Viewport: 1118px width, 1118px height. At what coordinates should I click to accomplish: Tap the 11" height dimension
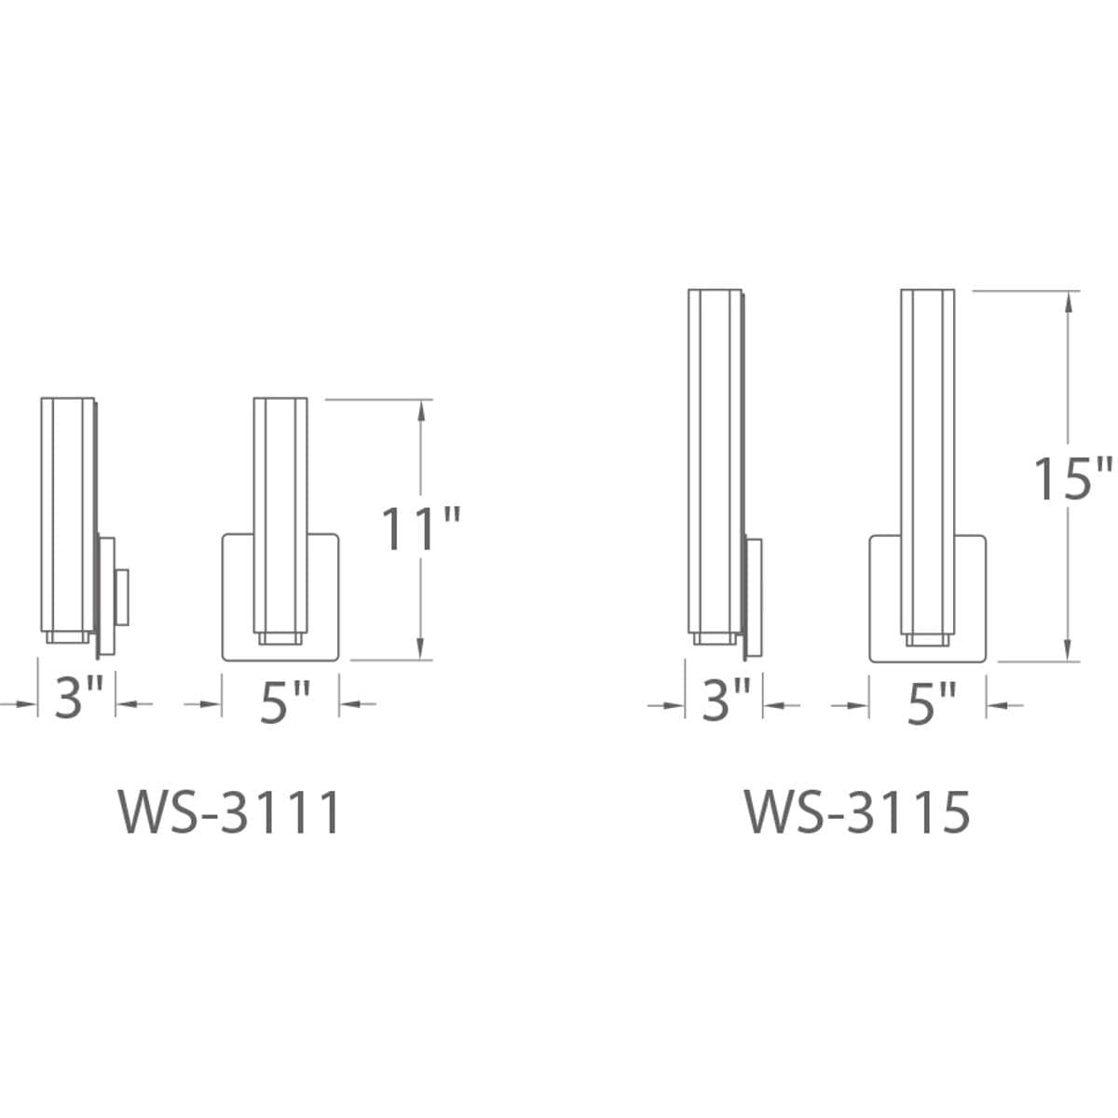[x=421, y=529]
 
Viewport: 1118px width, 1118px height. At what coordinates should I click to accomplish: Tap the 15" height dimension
[x=1071, y=478]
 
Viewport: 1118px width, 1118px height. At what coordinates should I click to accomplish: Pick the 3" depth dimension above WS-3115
[x=726, y=700]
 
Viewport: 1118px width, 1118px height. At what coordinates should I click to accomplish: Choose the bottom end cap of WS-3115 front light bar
[x=928, y=639]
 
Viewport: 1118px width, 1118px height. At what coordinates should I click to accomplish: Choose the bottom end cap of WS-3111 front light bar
[x=280, y=638]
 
